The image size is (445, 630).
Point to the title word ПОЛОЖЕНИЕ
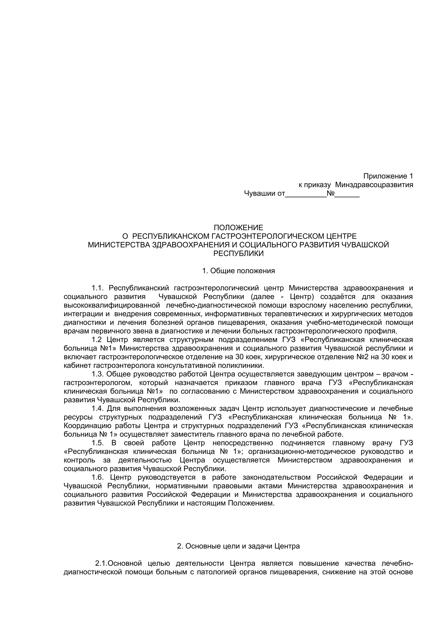pos(238,227)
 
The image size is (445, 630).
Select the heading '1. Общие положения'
pos(238,271)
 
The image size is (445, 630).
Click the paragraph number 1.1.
pos(97,288)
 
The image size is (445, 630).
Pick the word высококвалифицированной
pos(112,305)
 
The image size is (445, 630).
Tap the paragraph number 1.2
pos(96,340)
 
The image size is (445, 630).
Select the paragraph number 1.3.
pos(97,374)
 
